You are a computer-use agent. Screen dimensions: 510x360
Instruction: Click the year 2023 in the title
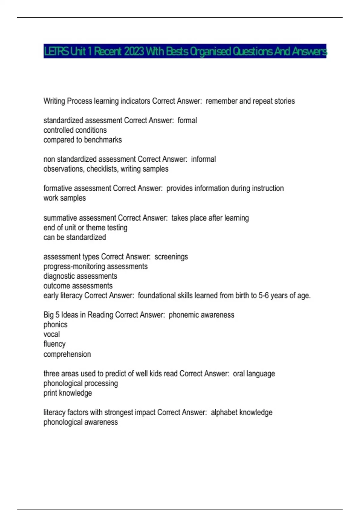click(x=134, y=52)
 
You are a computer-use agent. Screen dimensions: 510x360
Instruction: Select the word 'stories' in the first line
click(x=284, y=101)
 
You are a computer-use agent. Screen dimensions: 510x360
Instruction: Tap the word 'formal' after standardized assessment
click(x=187, y=121)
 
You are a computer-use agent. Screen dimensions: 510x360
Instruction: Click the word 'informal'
click(x=203, y=159)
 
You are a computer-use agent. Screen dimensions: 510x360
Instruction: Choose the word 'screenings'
click(x=171, y=257)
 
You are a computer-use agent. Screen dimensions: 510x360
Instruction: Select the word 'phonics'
click(x=55, y=325)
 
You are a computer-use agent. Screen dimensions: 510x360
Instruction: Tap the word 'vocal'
click(x=52, y=334)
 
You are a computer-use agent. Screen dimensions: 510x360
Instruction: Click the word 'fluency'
click(x=54, y=344)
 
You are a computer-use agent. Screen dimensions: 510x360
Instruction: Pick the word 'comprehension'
click(x=67, y=354)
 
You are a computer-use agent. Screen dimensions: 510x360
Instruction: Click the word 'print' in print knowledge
click(x=50, y=393)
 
